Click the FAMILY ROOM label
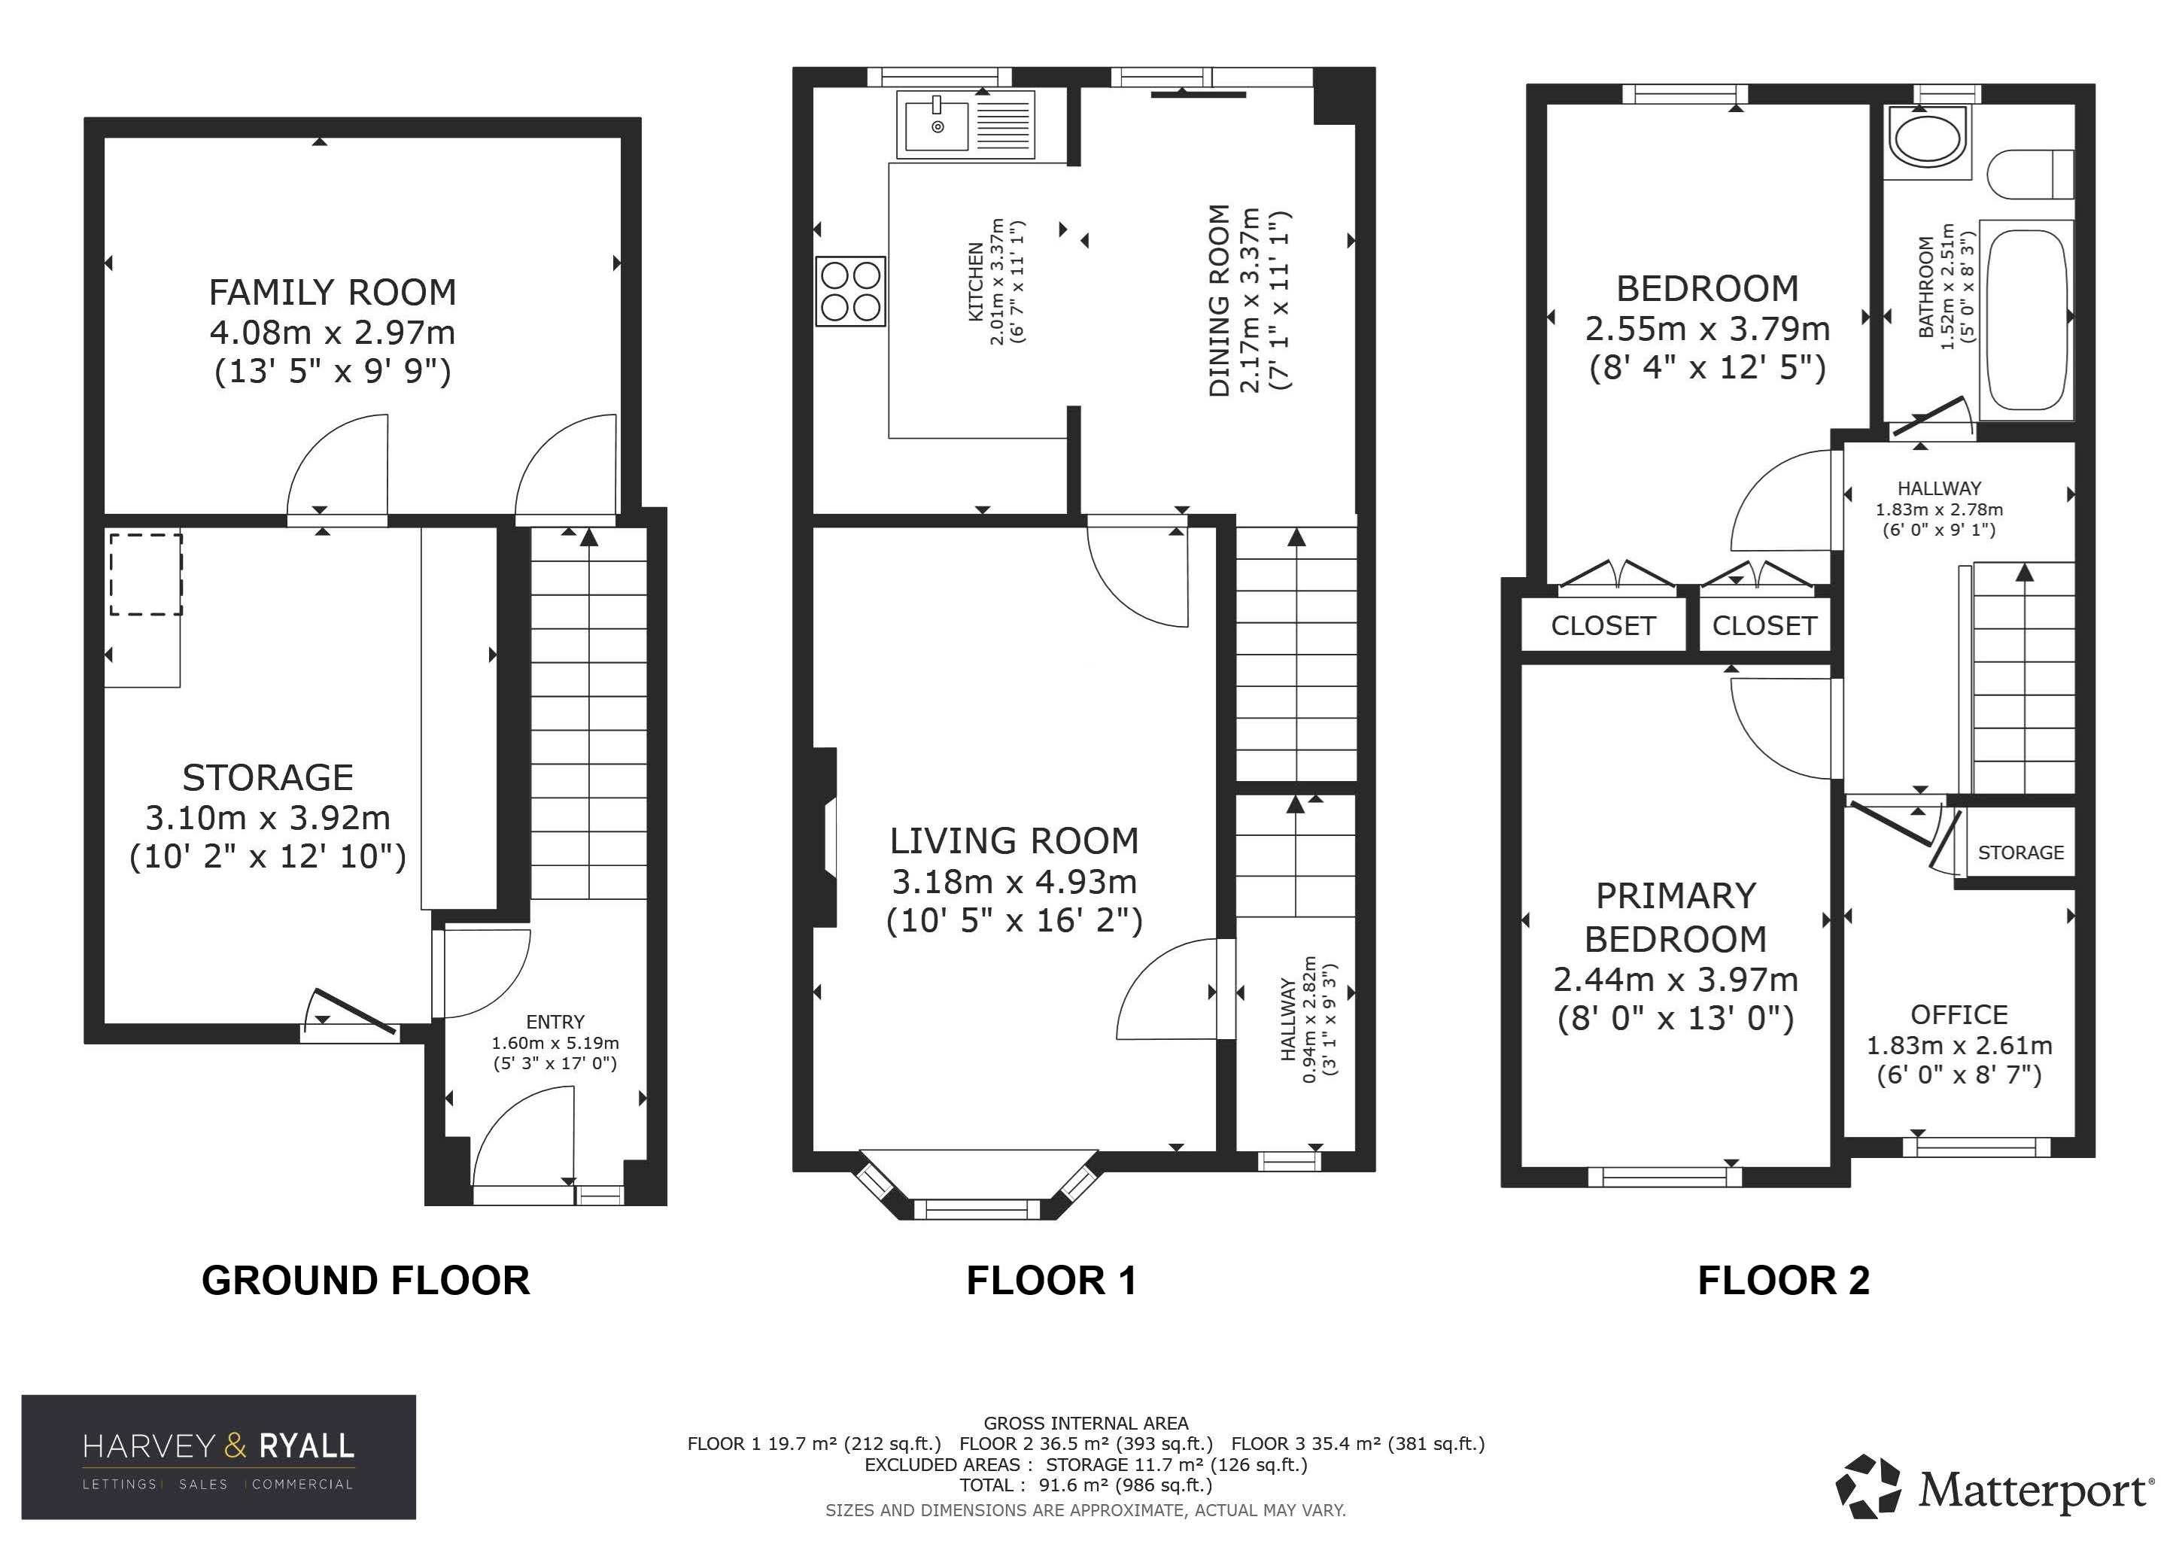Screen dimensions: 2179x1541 (x=332, y=292)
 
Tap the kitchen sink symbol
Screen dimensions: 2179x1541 (x=965, y=123)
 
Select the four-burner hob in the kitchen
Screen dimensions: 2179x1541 (x=850, y=291)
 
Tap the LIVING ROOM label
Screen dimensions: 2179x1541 (x=1014, y=840)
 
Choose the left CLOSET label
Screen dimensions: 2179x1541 (x=1603, y=625)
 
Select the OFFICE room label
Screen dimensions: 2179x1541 (x=1959, y=1014)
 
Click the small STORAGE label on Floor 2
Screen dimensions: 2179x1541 (x=2020, y=852)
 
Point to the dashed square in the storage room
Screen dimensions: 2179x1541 (x=146, y=574)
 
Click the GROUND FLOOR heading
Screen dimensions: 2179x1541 (x=366, y=1280)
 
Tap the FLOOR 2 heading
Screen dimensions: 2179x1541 (x=1783, y=1280)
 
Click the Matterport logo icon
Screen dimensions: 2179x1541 (x=1867, y=1486)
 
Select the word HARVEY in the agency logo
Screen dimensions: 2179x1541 (x=149, y=1446)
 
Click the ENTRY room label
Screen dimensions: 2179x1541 (x=555, y=1022)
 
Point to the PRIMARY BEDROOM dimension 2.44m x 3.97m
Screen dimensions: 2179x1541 (x=1675, y=978)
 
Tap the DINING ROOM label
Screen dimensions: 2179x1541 (x=1220, y=300)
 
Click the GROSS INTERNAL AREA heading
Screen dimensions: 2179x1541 (x=1086, y=1424)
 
